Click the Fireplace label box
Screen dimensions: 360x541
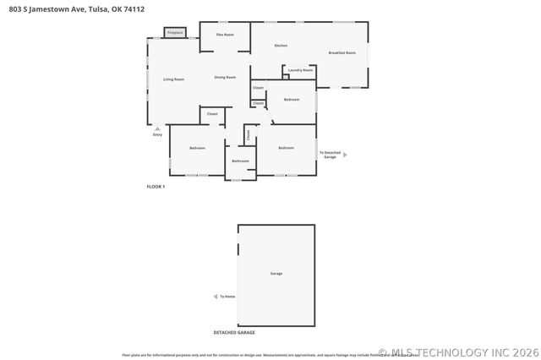click(x=175, y=33)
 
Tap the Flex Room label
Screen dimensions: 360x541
click(x=225, y=35)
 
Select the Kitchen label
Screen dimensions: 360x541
click(x=281, y=45)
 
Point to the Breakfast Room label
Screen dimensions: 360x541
click(x=342, y=53)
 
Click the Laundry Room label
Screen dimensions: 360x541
click(x=300, y=70)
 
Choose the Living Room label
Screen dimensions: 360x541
click(x=174, y=79)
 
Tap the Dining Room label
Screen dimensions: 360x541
click(x=225, y=77)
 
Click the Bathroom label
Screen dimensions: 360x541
click(x=240, y=161)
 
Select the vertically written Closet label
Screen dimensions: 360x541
click(x=248, y=134)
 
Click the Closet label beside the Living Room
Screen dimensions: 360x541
click(x=212, y=113)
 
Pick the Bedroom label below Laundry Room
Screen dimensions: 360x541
click(x=292, y=99)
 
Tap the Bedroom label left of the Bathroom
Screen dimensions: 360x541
click(x=197, y=148)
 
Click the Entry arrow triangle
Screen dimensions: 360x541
click(x=157, y=128)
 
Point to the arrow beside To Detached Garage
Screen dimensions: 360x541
click(x=345, y=155)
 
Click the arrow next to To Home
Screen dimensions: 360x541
click(x=215, y=297)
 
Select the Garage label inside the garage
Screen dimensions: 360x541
click(x=276, y=274)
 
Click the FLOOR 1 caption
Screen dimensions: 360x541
click(x=156, y=186)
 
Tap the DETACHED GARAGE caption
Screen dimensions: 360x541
click(x=234, y=332)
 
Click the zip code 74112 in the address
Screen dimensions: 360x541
click(x=132, y=9)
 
